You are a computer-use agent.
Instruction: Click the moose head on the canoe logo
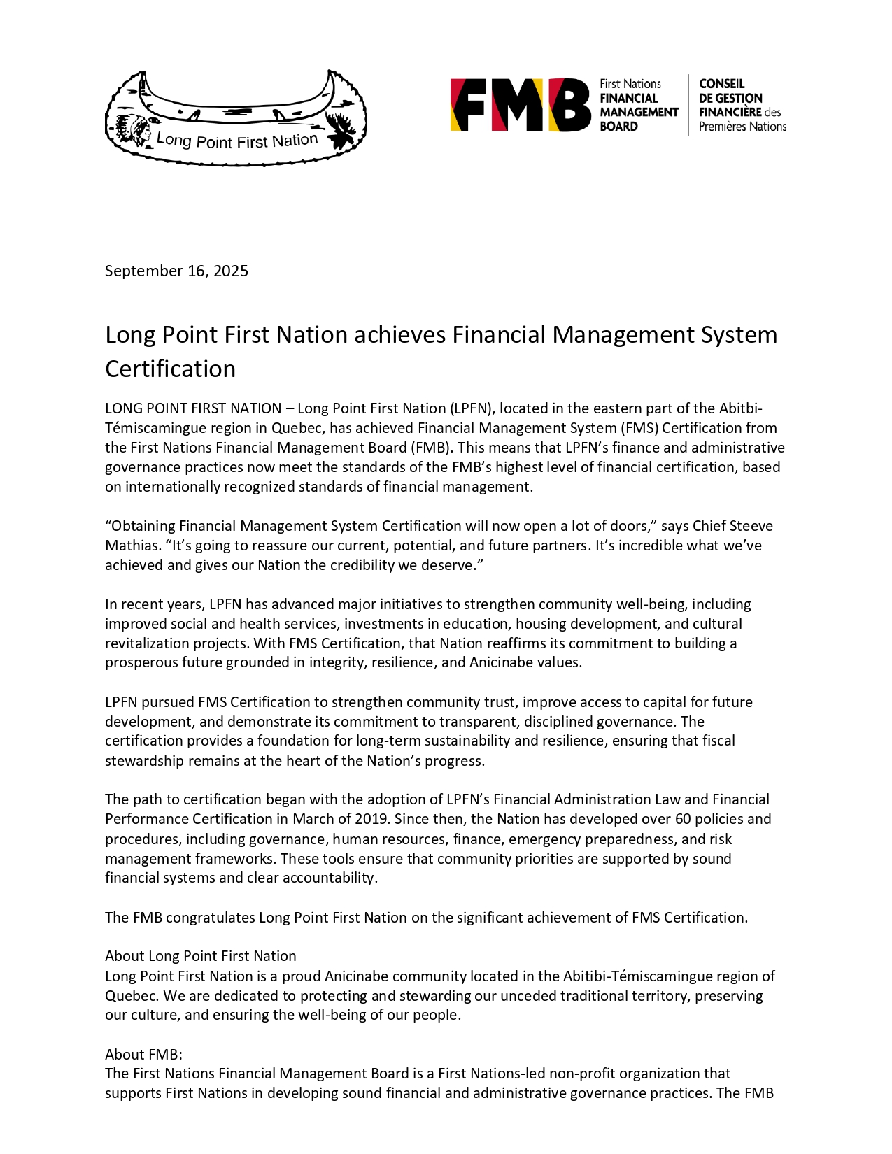(x=343, y=131)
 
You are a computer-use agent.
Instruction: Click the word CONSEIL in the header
(x=721, y=83)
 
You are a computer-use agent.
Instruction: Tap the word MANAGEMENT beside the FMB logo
(x=639, y=112)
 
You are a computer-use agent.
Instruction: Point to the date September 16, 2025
(x=176, y=271)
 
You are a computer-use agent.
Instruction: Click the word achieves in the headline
(x=399, y=335)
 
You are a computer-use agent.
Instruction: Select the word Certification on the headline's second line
(x=170, y=369)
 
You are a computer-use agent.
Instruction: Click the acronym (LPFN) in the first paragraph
(x=471, y=408)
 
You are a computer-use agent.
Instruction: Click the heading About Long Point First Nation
(x=200, y=956)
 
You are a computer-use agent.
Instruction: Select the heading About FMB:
(x=143, y=1054)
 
